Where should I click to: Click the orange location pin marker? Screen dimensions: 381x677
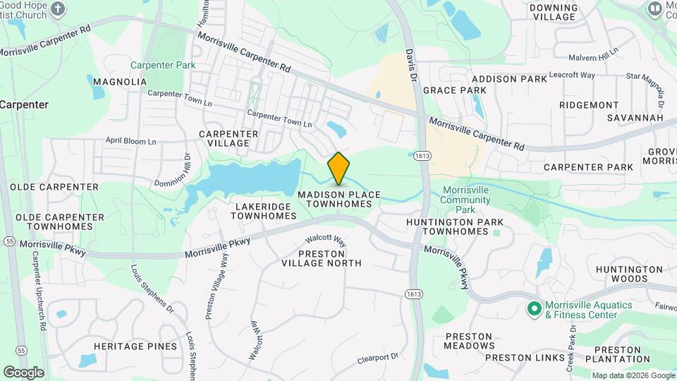click(339, 168)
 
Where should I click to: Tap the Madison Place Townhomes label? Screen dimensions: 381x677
click(339, 199)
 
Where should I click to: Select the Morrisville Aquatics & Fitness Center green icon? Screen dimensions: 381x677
click(534, 308)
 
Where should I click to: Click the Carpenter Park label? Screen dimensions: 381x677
click(163, 66)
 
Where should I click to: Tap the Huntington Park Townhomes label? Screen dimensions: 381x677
click(455, 226)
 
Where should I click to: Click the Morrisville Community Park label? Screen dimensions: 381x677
click(466, 200)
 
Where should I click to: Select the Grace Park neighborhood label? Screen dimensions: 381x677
click(455, 90)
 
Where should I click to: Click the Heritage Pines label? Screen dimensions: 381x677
click(135, 346)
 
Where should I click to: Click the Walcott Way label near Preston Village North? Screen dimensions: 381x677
click(331, 240)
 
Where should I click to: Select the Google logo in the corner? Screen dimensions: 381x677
click(23, 372)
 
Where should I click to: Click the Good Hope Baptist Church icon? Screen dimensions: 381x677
click(59, 9)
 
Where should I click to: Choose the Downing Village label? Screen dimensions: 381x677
click(553, 13)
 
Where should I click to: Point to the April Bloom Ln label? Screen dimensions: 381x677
click(130, 141)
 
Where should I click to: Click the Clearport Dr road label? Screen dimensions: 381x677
click(378, 358)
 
